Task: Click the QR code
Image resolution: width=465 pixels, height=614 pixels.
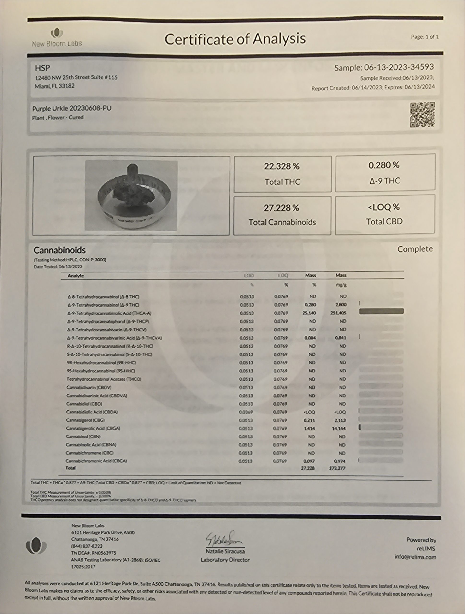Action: coord(422,115)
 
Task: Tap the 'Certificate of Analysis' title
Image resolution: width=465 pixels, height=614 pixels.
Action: coord(235,39)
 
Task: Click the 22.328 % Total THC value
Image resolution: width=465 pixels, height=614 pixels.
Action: coord(282,166)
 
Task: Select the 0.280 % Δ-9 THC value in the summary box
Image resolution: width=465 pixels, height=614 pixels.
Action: coord(384,165)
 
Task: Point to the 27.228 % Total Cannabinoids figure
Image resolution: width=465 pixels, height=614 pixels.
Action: coord(281,208)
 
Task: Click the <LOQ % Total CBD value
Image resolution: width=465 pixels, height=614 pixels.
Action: coord(384,207)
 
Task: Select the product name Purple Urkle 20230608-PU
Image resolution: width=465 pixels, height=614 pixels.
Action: coord(72,108)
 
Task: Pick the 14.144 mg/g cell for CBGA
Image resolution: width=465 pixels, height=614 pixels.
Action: coord(339,428)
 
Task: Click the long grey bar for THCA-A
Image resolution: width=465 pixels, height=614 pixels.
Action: coord(381,312)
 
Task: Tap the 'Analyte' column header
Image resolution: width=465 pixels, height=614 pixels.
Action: coord(76,276)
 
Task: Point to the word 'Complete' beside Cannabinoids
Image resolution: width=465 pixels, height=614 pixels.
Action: coord(415,249)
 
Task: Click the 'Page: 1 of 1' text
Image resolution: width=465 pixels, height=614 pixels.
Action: coord(425,37)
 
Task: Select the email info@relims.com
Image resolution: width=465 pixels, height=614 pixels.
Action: coord(415,557)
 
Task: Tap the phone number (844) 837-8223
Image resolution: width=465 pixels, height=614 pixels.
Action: coord(87,546)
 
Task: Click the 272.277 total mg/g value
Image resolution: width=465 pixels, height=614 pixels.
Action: coord(337,468)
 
